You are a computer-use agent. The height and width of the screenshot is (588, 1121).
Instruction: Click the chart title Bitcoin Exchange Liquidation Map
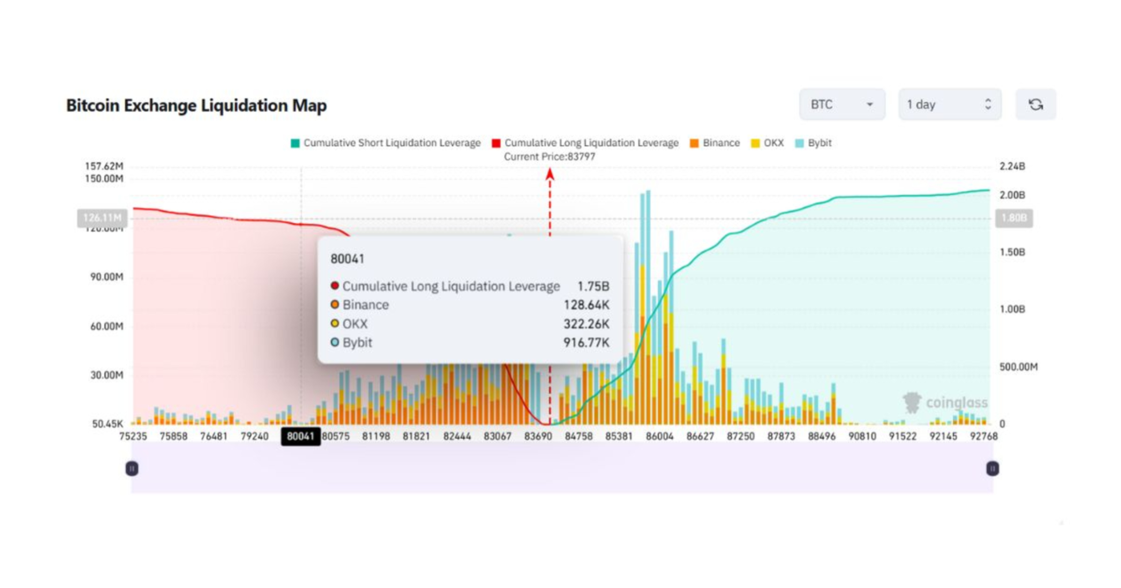coord(196,105)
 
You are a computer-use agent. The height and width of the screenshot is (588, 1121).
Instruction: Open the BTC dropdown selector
coord(842,105)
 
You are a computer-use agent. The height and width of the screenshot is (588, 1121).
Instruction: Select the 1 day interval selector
coord(949,105)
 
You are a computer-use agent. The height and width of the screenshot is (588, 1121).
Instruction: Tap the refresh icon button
coord(1036,105)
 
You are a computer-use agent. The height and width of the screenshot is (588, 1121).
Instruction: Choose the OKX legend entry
coord(767,143)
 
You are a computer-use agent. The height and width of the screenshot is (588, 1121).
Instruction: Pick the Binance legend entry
coord(715,143)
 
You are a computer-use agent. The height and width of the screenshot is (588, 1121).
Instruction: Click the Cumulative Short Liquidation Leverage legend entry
coord(386,143)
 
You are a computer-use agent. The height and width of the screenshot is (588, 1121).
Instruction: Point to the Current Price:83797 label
coord(549,157)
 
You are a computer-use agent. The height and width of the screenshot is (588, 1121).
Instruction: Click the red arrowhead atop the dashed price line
coord(550,175)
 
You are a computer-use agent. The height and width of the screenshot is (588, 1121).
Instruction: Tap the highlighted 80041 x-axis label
coord(300,436)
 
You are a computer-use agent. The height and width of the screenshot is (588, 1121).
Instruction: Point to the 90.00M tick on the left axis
coord(106,277)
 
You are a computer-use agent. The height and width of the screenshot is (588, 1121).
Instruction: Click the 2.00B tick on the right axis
coord(1012,195)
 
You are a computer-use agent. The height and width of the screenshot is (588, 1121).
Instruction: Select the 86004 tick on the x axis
coord(660,436)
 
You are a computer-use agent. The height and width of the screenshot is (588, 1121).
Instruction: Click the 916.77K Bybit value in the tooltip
coord(586,343)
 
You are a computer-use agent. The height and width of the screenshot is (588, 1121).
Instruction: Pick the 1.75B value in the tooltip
coord(593,286)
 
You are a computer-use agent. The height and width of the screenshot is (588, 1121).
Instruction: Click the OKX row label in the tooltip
coord(355,324)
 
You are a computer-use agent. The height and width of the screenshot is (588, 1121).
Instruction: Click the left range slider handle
coord(132,468)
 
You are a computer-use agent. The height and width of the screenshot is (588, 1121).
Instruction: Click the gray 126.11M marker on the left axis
coord(102,218)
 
